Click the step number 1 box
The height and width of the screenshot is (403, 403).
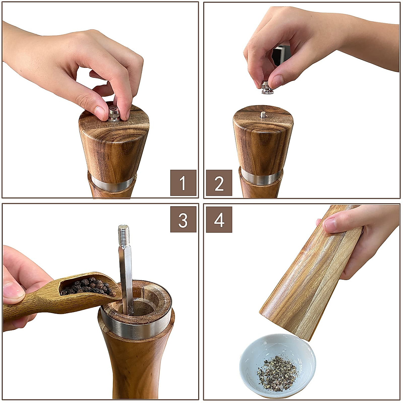pyautogui.click(x=183, y=183)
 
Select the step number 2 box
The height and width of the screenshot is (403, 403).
pyautogui.click(x=219, y=183)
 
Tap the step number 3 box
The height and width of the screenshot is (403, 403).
pyautogui.click(x=183, y=220)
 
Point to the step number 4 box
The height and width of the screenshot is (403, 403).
pyautogui.click(x=219, y=220)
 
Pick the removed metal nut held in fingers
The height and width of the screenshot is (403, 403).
pyautogui.click(x=267, y=88)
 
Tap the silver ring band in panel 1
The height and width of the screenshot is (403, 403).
pyautogui.click(x=113, y=184)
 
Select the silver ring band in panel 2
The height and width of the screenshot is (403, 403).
pyautogui.click(x=261, y=177)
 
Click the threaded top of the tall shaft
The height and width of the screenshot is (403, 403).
pyautogui.click(x=124, y=232)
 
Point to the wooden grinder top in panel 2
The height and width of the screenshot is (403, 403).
pyautogui.click(x=263, y=138)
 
